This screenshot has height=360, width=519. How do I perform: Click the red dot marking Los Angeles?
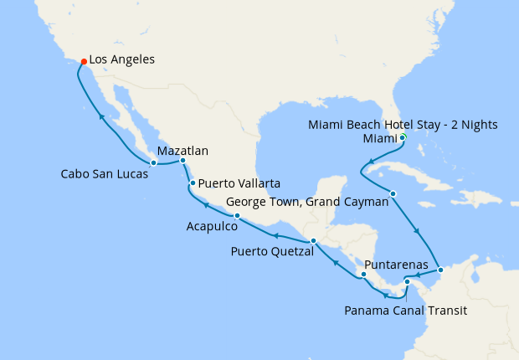coord(83,60)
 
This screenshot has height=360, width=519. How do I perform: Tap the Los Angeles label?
coord(121,60)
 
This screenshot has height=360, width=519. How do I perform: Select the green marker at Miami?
coord(403,137)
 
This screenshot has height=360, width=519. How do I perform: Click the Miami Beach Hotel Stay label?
coord(403,125)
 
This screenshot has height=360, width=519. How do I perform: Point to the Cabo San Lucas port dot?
coord(154,162)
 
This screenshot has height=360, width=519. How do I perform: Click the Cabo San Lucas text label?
coord(105,175)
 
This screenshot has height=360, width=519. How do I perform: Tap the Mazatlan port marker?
coord(182,160)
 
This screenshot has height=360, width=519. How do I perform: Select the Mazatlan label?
coord(182,151)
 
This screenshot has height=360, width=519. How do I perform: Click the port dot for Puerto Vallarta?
coord(193,183)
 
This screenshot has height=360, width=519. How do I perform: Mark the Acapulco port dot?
coord(237,216)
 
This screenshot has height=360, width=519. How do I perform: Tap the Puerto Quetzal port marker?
coord(313,242)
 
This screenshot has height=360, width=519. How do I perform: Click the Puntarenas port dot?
coord(363,275)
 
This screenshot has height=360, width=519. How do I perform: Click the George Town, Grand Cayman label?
coord(308,202)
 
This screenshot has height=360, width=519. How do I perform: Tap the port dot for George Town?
coord(393,194)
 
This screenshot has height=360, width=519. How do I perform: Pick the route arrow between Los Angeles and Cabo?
coord(101,116)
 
